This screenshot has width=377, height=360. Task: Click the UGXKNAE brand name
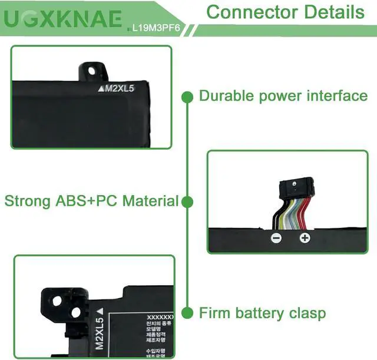[x=64, y=19]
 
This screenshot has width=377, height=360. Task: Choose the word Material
[x=151, y=201]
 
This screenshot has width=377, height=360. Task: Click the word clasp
[x=305, y=312]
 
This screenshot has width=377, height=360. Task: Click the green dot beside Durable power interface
[x=187, y=95]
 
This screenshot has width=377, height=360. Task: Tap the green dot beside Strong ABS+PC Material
[x=187, y=202]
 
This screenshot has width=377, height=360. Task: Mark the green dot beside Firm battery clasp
[x=187, y=312]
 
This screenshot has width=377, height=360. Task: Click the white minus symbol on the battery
[x=276, y=238]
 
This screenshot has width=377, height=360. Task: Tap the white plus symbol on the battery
[x=305, y=238]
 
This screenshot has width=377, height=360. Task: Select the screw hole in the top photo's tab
[x=91, y=70]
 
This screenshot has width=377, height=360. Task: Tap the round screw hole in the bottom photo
[x=58, y=302]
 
